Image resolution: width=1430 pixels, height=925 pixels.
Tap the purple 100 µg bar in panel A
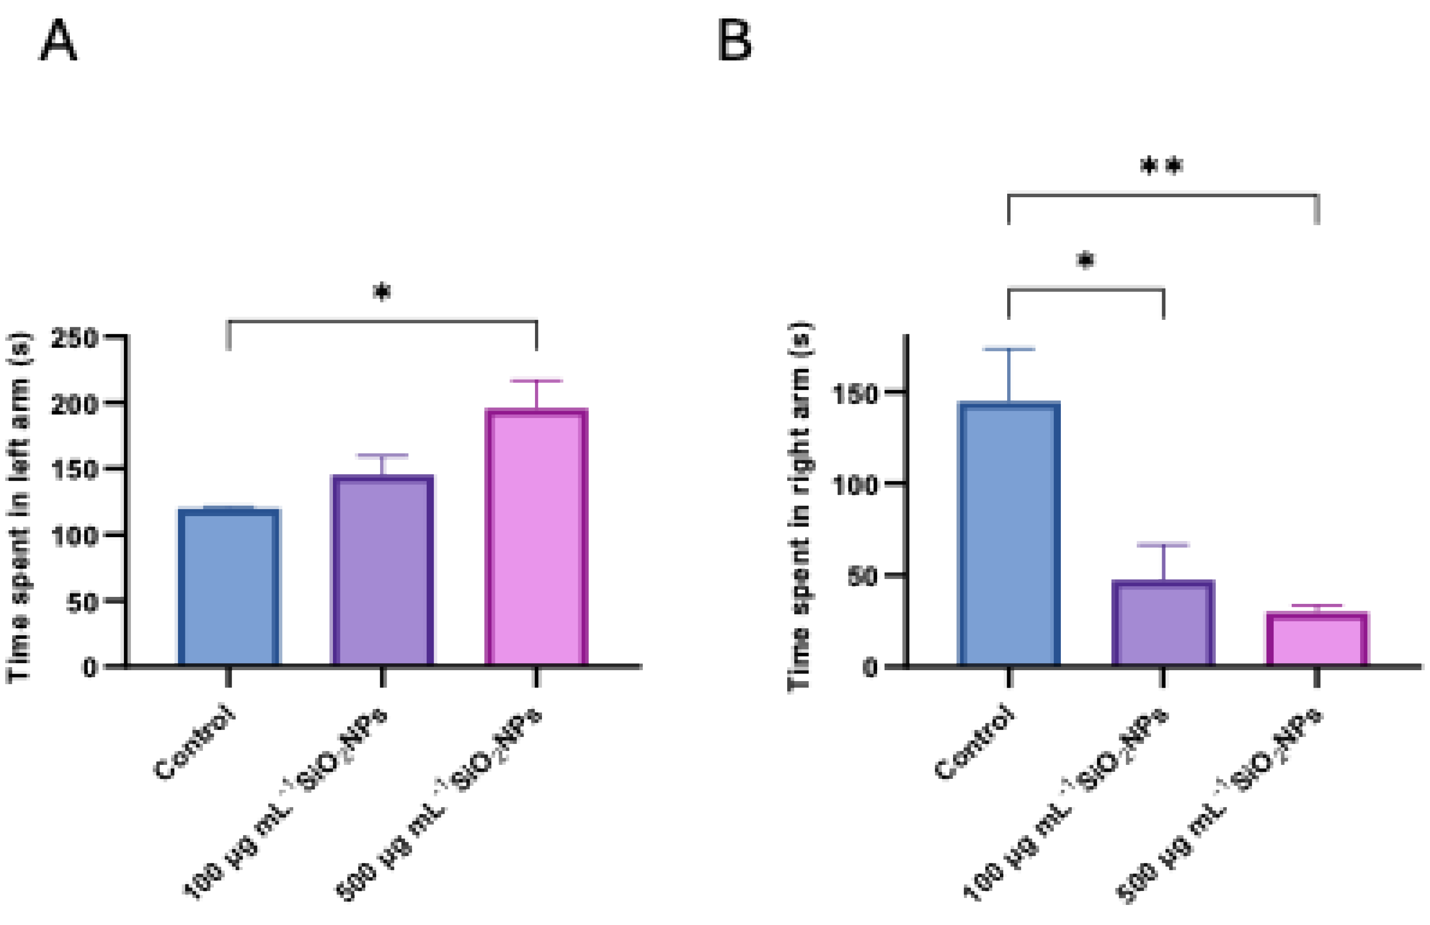click(383, 571)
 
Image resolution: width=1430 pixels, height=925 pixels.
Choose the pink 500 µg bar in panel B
click(1317, 639)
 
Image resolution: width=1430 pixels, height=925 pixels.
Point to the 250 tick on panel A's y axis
click(75, 338)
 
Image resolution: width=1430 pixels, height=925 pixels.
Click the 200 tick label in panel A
click(75, 404)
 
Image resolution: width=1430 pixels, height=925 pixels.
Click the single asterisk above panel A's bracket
click(382, 292)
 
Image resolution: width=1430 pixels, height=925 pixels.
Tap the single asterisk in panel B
click(1085, 260)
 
